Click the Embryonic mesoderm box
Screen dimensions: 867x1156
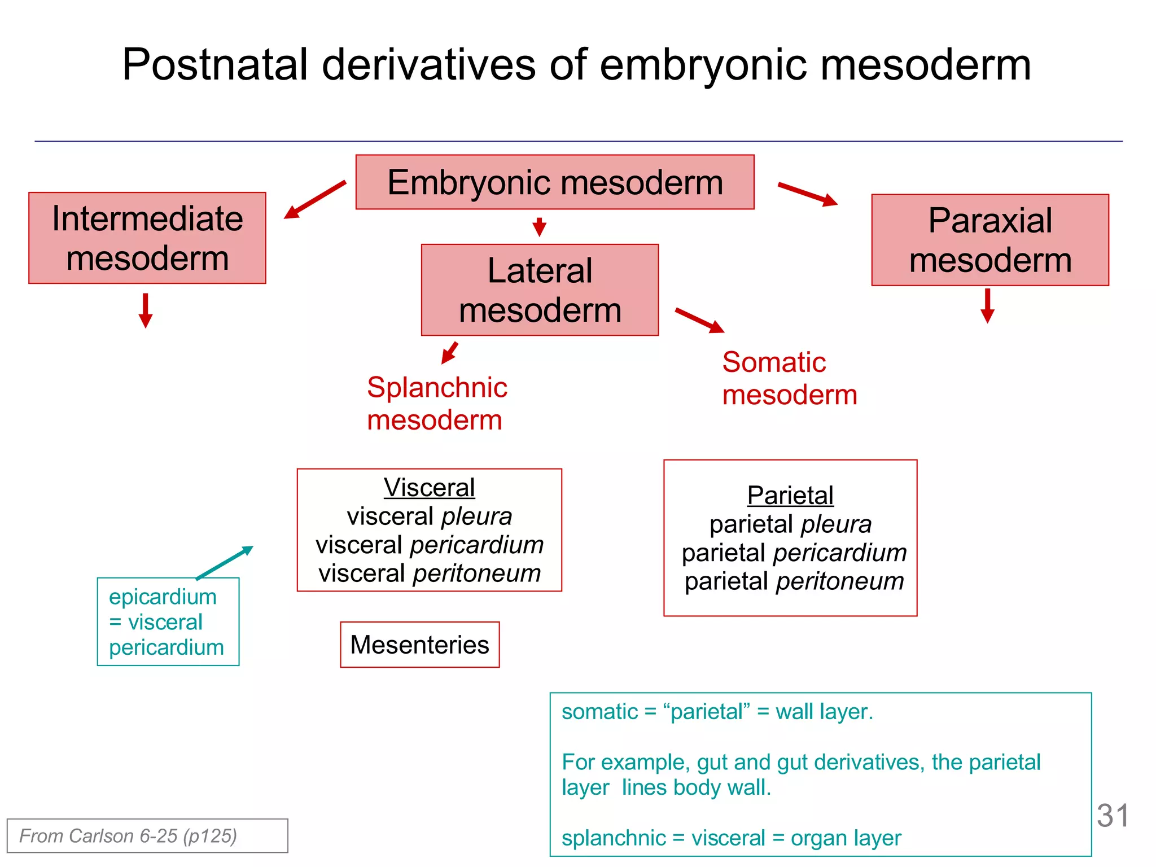(555, 182)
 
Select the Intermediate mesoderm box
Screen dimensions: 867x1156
(147, 238)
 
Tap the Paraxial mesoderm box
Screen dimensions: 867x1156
(990, 240)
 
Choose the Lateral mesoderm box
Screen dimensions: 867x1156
(540, 290)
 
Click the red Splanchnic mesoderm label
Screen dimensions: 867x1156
(436, 404)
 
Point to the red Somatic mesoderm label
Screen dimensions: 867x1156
(789, 378)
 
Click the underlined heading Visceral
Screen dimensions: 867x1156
(429, 488)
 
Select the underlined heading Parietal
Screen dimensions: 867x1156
(790, 496)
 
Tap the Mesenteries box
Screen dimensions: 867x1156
(419, 645)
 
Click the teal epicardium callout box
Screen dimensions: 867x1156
(168, 621)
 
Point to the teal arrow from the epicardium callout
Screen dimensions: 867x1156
(225, 562)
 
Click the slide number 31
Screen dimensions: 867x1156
(1113, 816)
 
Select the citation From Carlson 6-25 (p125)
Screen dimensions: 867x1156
(128, 836)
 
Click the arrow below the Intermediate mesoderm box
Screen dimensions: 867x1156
(146, 310)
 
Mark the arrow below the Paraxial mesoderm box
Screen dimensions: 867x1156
(987, 306)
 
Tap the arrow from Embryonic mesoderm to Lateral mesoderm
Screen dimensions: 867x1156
(539, 227)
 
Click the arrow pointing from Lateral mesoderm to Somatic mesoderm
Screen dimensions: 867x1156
(700, 320)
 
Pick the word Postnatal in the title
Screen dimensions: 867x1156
(215, 64)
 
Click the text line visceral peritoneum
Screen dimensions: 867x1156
(430, 573)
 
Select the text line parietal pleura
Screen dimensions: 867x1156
(790, 524)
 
